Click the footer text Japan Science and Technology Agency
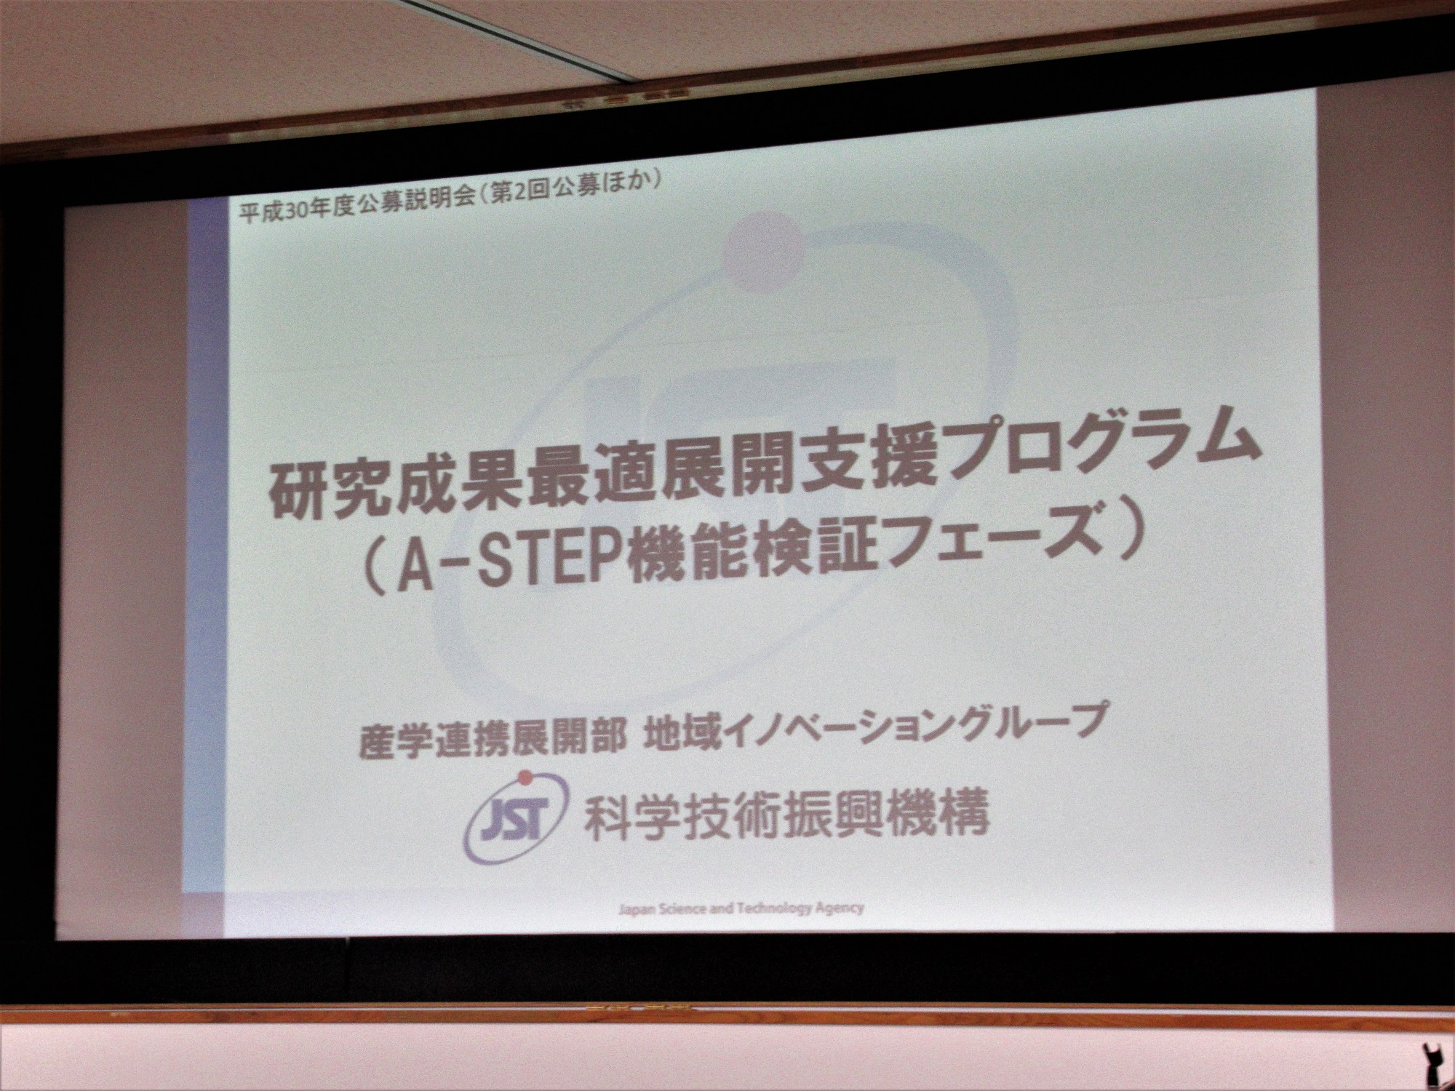(x=740, y=907)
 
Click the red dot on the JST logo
(x=522, y=780)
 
